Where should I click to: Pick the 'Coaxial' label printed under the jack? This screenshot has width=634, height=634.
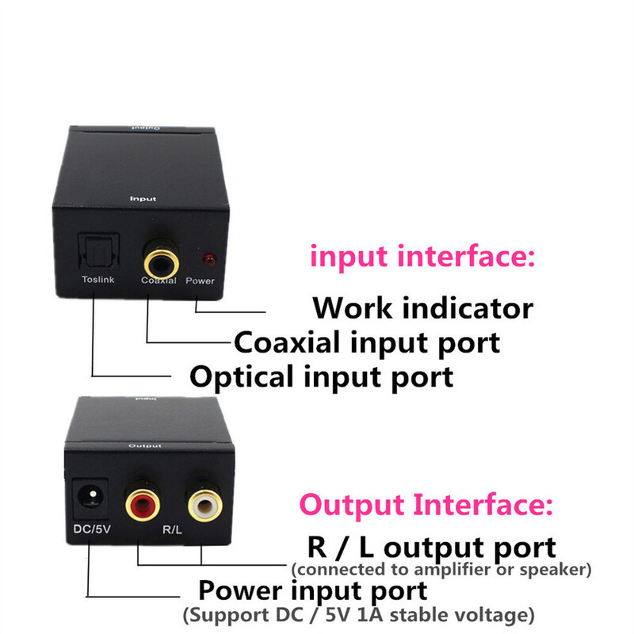point(158,281)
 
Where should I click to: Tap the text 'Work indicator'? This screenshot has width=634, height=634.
point(422,307)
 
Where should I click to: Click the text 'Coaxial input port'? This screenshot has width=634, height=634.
point(366,342)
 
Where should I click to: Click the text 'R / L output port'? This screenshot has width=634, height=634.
point(430,547)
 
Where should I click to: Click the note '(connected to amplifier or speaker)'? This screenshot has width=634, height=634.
point(441,569)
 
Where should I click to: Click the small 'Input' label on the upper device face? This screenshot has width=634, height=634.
point(143,200)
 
